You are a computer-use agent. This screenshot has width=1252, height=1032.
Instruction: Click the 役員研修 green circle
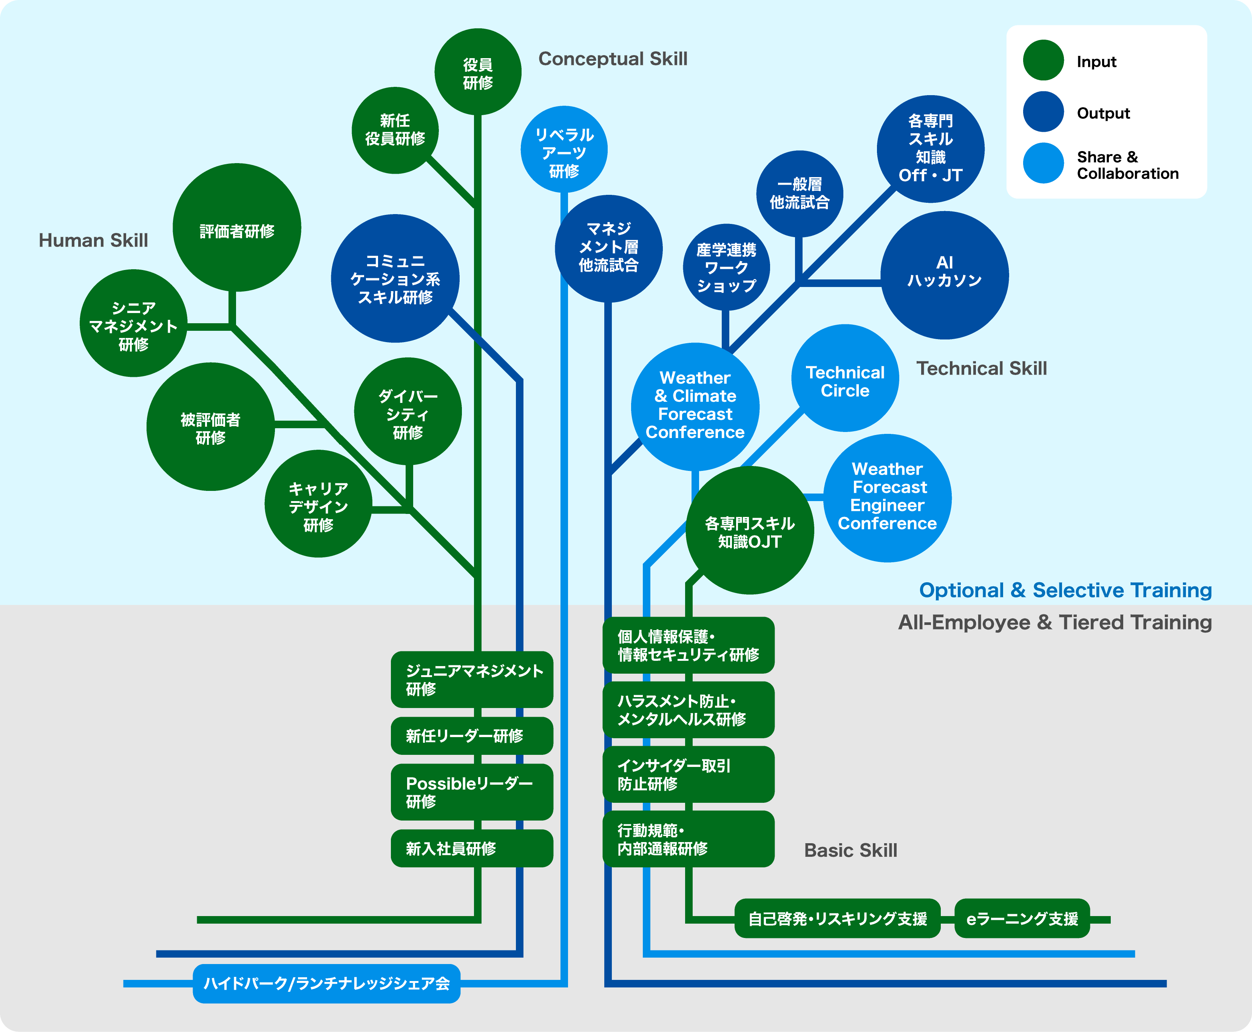(x=478, y=72)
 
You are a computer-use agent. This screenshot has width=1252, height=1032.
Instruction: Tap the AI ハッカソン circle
(x=944, y=275)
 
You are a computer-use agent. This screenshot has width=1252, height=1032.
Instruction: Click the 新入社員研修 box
(x=471, y=848)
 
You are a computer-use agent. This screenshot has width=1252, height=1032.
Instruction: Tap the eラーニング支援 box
(x=1022, y=918)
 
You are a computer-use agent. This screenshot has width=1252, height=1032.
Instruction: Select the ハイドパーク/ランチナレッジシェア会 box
(x=326, y=984)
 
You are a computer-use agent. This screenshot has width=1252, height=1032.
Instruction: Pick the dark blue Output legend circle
(x=1043, y=112)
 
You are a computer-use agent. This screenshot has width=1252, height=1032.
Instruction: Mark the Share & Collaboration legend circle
(x=1043, y=164)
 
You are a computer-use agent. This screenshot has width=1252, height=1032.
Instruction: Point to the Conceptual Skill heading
(x=612, y=59)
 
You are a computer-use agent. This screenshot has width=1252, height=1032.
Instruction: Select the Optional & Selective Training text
(x=1065, y=590)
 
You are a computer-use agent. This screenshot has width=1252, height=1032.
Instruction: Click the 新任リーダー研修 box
(x=471, y=736)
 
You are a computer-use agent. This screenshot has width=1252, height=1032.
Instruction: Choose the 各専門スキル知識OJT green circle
(x=750, y=531)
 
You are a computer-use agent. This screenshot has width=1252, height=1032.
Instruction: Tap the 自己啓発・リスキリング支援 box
(x=837, y=918)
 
